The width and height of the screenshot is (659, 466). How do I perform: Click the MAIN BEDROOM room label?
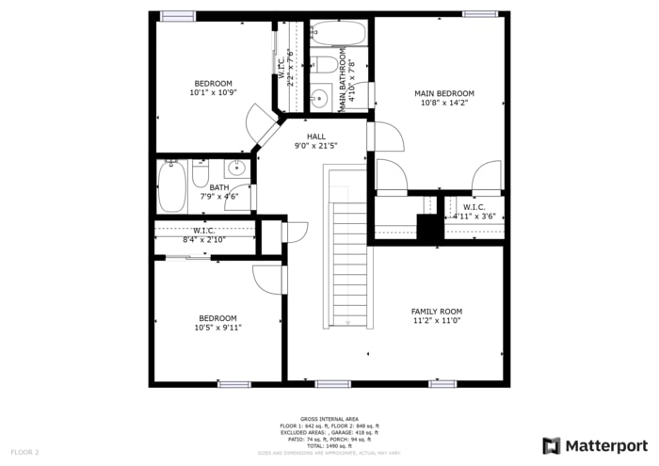(x=444, y=93)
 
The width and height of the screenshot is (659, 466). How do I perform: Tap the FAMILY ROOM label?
(x=436, y=311)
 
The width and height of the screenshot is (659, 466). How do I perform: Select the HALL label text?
(x=315, y=137)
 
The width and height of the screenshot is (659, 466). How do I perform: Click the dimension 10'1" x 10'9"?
(x=212, y=92)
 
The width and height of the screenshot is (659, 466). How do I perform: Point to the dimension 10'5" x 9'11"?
(x=217, y=328)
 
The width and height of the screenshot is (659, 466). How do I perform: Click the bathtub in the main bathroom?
(x=336, y=34)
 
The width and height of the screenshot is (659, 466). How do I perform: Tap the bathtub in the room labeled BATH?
(x=171, y=185)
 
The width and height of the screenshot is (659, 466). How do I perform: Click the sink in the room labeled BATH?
(x=236, y=169)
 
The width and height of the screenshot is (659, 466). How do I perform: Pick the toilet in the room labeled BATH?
(x=201, y=174)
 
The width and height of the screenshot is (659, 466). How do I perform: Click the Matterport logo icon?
(x=552, y=445)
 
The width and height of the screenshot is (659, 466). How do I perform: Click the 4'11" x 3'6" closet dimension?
(x=474, y=217)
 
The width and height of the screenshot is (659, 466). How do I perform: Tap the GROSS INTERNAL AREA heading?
(x=329, y=418)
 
